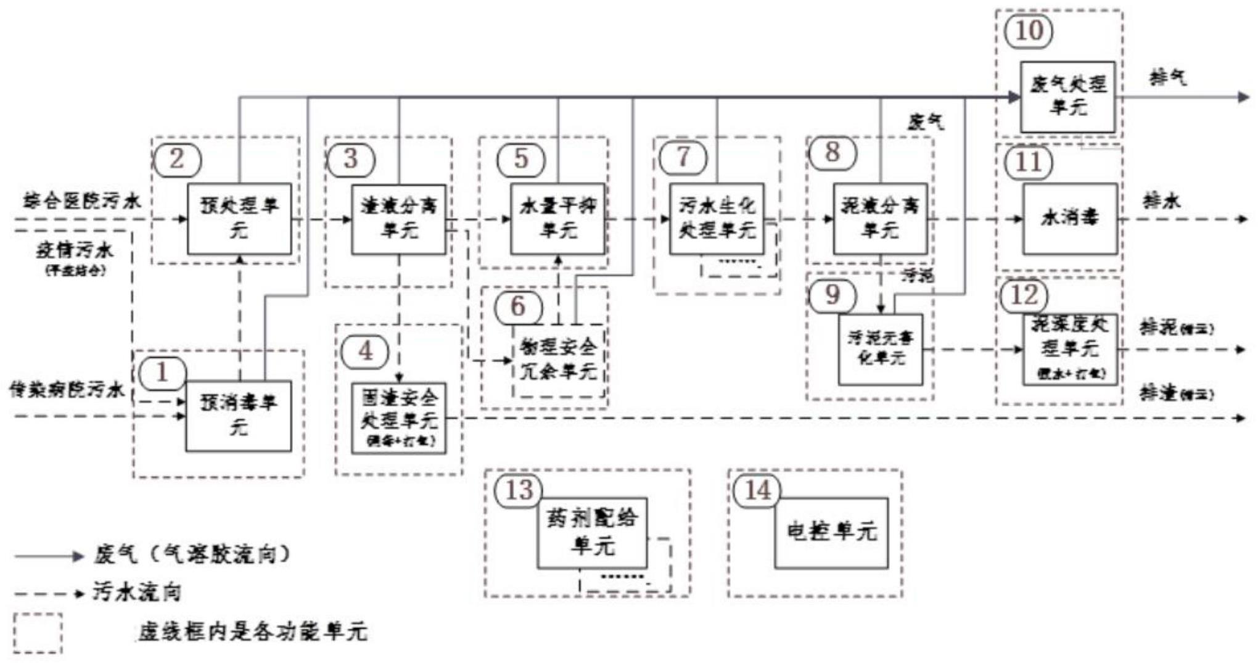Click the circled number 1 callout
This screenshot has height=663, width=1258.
(162, 372)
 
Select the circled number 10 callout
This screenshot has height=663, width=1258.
(1029, 31)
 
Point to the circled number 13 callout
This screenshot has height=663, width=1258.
(519, 490)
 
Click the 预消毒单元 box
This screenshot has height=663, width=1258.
(239, 416)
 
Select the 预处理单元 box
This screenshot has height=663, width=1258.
(239, 218)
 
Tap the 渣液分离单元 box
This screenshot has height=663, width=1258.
(398, 218)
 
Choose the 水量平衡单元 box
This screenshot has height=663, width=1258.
(557, 218)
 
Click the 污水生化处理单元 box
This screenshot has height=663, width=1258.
(717, 218)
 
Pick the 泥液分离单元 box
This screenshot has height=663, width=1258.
(880, 218)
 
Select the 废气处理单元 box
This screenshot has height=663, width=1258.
(1067, 96)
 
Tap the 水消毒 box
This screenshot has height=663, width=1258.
(1070, 218)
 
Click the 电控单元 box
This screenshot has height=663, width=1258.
(831, 533)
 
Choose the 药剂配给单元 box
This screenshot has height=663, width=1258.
(592, 533)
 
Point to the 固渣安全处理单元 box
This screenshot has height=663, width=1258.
(398, 418)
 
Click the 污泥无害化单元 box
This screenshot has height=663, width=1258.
(880, 350)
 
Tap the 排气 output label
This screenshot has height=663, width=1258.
(1167, 78)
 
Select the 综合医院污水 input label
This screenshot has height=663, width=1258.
(82, 201)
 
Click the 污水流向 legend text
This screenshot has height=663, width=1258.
(137, 593)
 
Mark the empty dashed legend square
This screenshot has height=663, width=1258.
(38, 633)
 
